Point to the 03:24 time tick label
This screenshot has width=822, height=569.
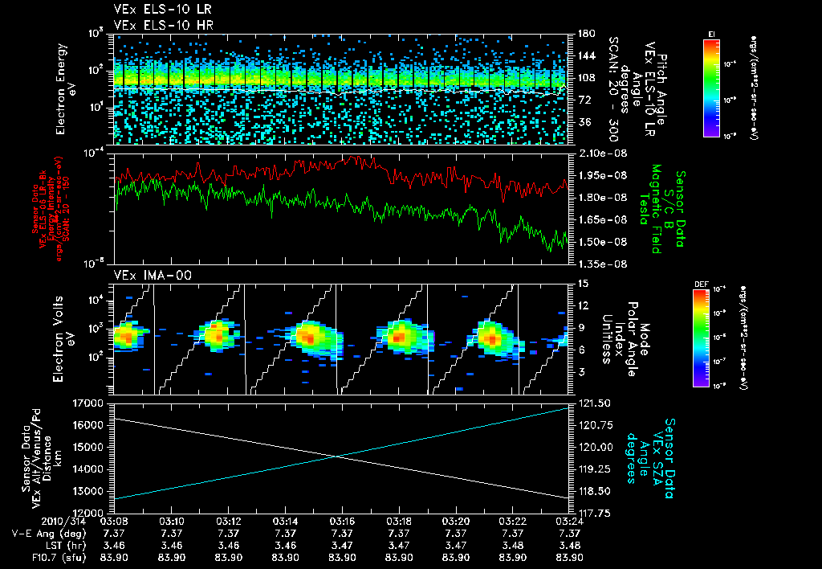pyautogui.click(x=569, y=520)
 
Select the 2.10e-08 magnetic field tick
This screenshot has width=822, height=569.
pyautogui.click(x=599, y=153)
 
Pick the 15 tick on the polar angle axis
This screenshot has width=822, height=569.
pyautogui.click(x=582, y=283)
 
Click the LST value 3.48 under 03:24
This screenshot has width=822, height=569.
pyautogui.click(x=569, y=545)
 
